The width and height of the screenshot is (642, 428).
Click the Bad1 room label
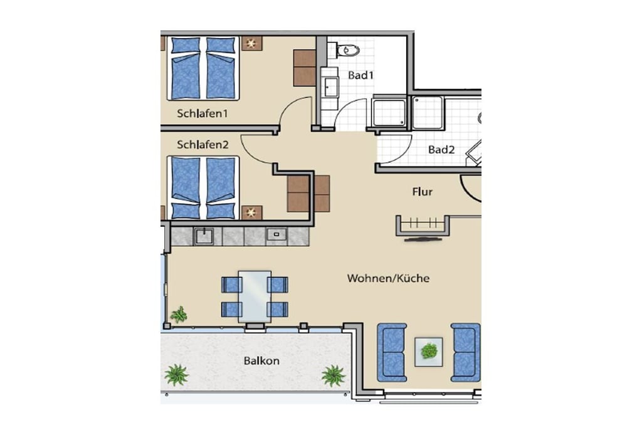[x=360, y=75]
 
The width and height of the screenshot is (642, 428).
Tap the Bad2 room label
[x=441, y=150]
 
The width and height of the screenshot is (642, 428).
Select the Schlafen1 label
[x=202, y=113]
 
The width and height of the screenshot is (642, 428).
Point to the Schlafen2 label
[x=203, y=144]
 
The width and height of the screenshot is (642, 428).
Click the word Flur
[x=422, y=192]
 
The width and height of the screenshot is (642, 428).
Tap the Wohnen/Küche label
[x=388, y=279]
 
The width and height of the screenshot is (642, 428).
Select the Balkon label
[x=261, y=361]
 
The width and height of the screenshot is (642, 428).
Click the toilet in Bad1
[x=347, y=51]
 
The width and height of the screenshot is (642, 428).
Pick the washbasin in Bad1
[x=330, y=87]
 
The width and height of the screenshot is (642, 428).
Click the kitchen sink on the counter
[x=204, y=236]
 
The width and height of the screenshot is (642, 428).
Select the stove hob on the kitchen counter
[x=276, y=235]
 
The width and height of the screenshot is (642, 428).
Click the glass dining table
[x=255, y=296]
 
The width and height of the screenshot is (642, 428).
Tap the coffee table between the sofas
[x=429, y=352]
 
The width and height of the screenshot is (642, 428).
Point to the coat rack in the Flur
[x=423, y=226]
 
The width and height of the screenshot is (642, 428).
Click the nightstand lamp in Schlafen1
[x=251, y=43]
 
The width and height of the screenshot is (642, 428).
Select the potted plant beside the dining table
[x=179, y=315]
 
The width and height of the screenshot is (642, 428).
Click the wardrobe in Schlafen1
[x=304, y=68]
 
